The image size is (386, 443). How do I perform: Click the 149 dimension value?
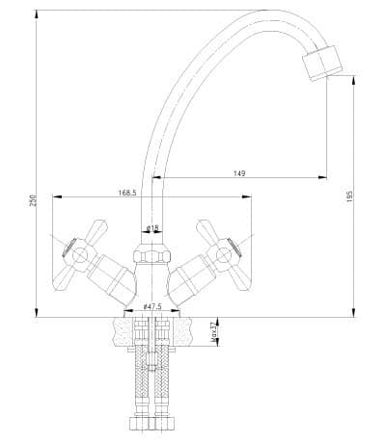pyautogui.click(x=239, y=173)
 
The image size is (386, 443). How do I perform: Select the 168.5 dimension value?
pyautogui.click(x=127, y=193)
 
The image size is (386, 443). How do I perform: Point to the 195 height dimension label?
pyautogui.click(x=349, y=196)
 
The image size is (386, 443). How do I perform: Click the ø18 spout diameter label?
pyautogui.click(x=152, y=228)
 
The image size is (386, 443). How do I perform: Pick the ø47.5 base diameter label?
pyautogui.click(x=152, y=306)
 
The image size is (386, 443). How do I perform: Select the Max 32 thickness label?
pyautogui.click(x=212, y=333)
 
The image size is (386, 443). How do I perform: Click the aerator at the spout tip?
pyautogui.click(x=322, y=63)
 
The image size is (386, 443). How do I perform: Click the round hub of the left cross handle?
pyautogui.click(x=79, y=256)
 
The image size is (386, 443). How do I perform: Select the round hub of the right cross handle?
pyautogui.click(x=224, y=256)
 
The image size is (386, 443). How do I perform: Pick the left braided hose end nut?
pyautogui.click(x=140, y=424)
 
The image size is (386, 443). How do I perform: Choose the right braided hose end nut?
pyautogui.click(x=164, y=424)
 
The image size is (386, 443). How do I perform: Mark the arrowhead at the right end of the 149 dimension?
pyautogui.click(x=322, y=177)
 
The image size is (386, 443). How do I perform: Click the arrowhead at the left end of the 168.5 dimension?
pyautogui.click(x=57, y=196)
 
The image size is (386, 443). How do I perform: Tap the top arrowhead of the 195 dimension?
pyautogui.click(x=354, y=80)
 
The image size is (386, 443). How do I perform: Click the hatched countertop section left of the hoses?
pyautogui.click(x=124, y=332)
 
